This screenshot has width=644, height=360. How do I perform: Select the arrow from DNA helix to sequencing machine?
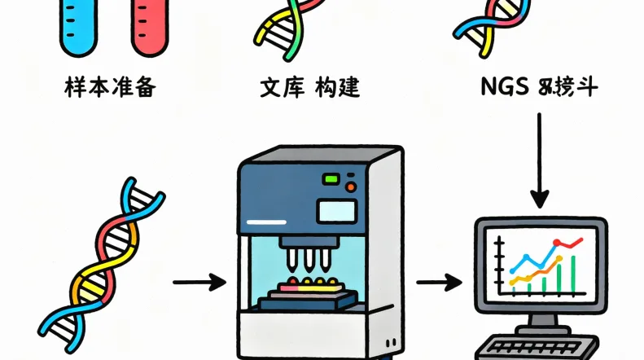(x=199, y=283)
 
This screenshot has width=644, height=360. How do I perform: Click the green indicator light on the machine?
(x=331, y=179)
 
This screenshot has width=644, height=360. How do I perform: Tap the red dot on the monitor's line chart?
(x=558, y=242)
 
